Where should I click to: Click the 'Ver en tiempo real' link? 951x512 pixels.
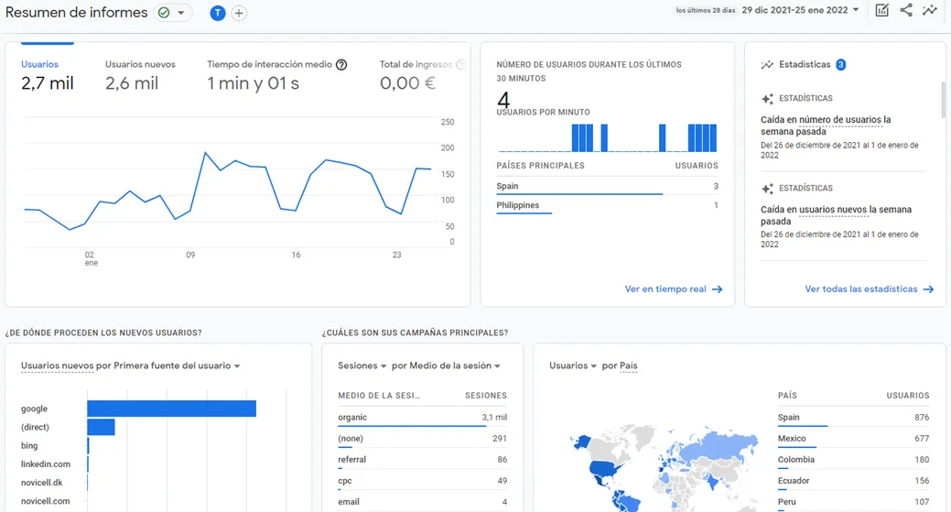point(673,289)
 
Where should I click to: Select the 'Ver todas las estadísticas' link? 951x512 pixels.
point(869,289)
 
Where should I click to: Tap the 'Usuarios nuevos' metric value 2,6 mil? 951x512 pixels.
point(132,83)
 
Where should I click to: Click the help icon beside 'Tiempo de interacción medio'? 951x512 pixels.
point(341,65)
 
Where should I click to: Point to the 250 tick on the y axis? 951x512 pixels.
point(448,122)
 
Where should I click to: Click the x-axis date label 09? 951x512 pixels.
point(190,256)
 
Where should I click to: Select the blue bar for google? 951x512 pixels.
point(171,409)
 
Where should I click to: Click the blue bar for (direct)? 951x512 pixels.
point(101,427)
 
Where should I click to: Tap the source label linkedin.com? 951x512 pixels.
point(46,464)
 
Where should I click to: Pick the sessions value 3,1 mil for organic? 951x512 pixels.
point(494,418)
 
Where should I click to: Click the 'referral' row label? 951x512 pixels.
point(351,460)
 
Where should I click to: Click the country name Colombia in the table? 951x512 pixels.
point(796,460)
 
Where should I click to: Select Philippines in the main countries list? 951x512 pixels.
point(518,205)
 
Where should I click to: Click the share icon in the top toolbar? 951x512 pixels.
point(906,11)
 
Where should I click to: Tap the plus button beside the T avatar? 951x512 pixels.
point(239,13)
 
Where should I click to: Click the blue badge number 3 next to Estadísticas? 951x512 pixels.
point(840,65)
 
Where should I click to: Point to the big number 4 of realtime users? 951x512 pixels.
point(503,98)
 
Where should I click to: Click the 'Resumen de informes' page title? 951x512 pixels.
point(77,13)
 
